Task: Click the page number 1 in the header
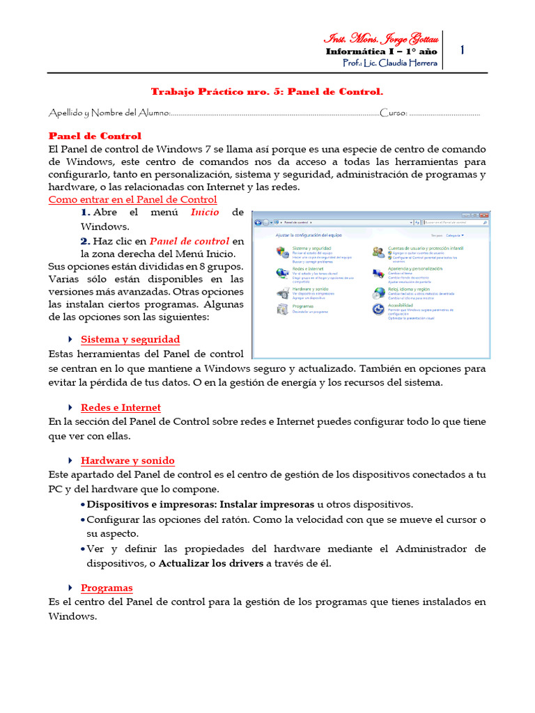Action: coord(463,50)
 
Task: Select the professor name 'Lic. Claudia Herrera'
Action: coord(400,63)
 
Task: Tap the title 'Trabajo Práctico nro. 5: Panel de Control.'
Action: coord(267,91)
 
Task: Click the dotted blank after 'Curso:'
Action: coord(444,113)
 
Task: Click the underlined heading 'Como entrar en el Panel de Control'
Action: coord(132,200)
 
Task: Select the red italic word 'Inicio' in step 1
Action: coord(205,212)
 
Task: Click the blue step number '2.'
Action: coord(86,241)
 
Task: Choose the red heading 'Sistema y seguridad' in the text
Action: coord(130,340)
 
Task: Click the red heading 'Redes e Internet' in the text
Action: coord(121,408)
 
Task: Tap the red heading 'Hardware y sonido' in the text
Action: coord(127,461)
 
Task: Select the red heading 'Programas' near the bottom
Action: coord(107,588)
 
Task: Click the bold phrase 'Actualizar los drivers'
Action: coord(212,563)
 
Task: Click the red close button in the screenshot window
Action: coord(482,214)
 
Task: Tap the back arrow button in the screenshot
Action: coord(258,223)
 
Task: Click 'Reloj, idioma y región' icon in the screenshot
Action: coord(378,292)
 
